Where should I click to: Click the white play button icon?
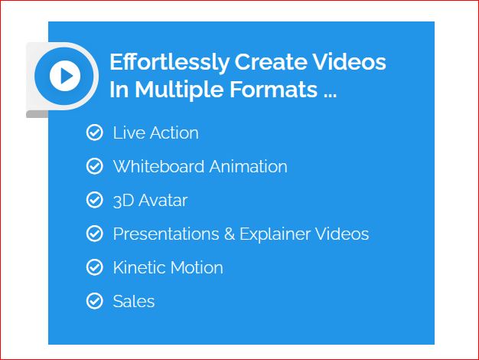(x=65, y=76)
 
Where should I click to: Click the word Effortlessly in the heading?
(x=169, y=63)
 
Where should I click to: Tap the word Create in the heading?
(x=271, y=62)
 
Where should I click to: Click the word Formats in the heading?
(x=273, y=90)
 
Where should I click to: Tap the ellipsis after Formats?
(x=330, y=96)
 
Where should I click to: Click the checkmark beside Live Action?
(x=95, y=133)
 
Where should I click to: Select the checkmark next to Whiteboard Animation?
(x=95, y=166)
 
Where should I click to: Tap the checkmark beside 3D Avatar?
(x=95, y=200)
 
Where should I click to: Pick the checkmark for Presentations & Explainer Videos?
(x=95, y=234)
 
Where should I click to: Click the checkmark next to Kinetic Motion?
(x=95, y=267)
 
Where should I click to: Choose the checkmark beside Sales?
(x=95, y=301)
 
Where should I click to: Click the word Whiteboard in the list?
(x=159, y=167)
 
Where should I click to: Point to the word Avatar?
(x=163, y=201)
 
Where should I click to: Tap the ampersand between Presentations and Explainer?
(x=230, y=234)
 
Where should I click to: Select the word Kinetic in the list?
(x=139, y=267)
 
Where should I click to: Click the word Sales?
(x=134, y=301)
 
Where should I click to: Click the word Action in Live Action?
(x=174, y=133)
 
